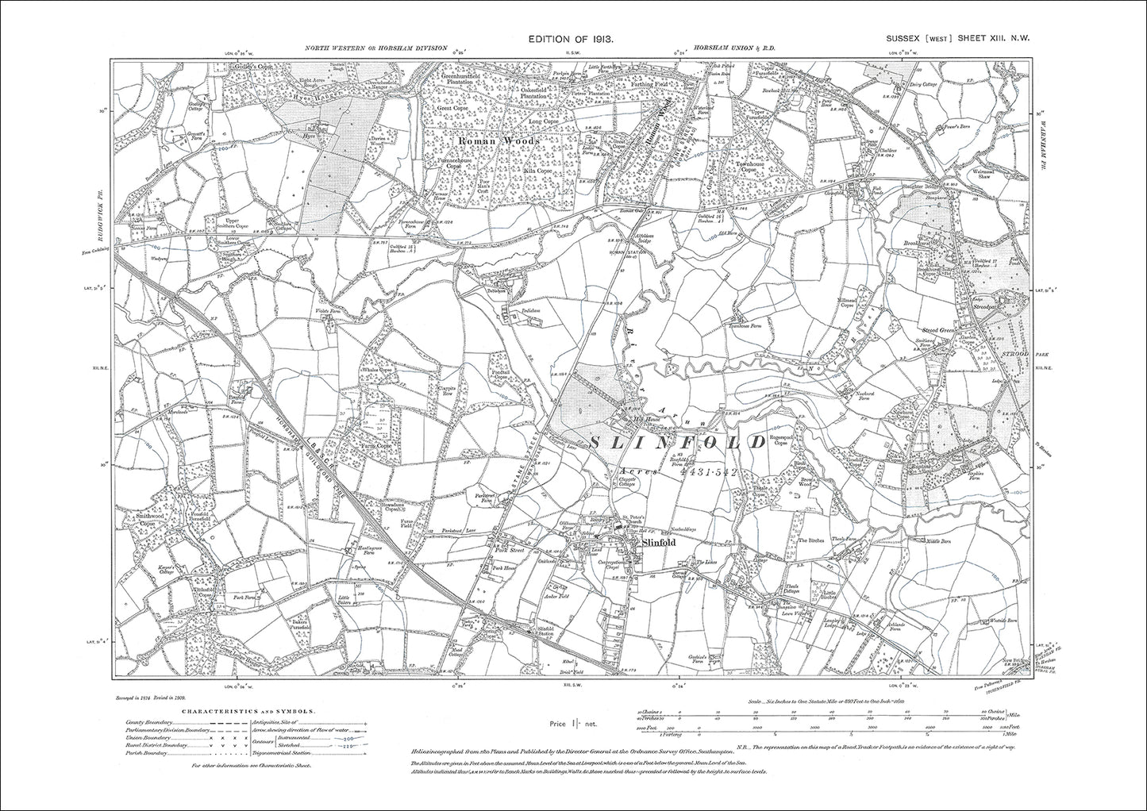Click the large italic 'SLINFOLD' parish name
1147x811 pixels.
(x=679, y=443)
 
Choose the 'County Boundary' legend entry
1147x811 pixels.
(x=147, y=723)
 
